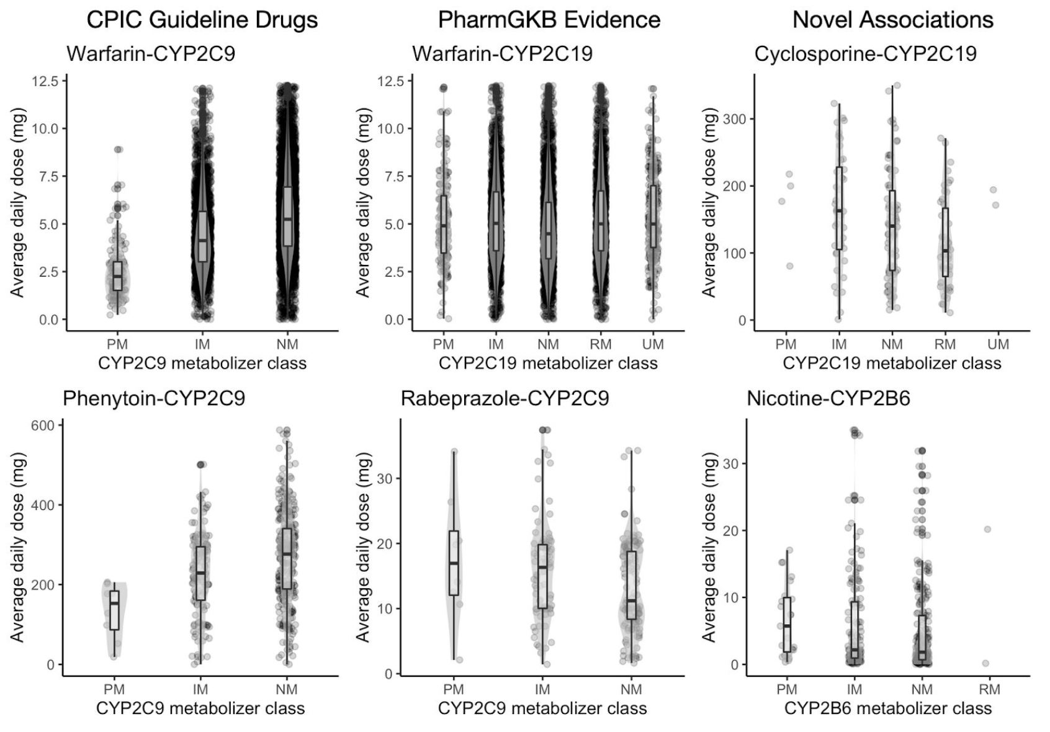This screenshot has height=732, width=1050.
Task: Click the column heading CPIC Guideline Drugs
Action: click(202, 20)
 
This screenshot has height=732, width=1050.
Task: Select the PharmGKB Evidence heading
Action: click(549, 20)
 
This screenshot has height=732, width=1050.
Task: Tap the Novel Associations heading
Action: click(892, 20)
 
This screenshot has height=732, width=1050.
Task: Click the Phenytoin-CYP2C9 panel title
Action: click(154, 398)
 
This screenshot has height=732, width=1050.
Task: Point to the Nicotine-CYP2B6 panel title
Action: click(828, 398)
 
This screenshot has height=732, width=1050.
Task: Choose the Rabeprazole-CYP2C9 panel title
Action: click(505, 398)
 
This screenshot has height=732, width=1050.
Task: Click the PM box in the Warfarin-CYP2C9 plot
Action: click(117, 276)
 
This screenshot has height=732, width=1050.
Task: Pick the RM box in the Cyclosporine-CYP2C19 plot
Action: click(945, 242)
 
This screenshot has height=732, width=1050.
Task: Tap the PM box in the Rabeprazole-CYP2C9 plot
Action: click(454, 563)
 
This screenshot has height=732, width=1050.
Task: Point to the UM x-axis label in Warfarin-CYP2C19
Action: click(652, 344)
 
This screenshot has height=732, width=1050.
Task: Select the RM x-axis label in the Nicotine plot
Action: click(989, 689)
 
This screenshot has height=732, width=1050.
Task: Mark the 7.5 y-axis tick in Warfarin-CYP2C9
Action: click(48, 177)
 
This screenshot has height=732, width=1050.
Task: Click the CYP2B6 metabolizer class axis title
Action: click(887, 708)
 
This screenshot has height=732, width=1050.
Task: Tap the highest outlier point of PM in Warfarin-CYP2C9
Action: click(117, 150)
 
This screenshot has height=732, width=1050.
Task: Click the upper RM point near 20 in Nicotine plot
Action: click(987, 529)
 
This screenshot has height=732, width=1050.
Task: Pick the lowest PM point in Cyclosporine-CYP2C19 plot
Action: click(789, 266)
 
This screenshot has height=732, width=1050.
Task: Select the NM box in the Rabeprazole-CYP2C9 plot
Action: click(631, 585)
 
